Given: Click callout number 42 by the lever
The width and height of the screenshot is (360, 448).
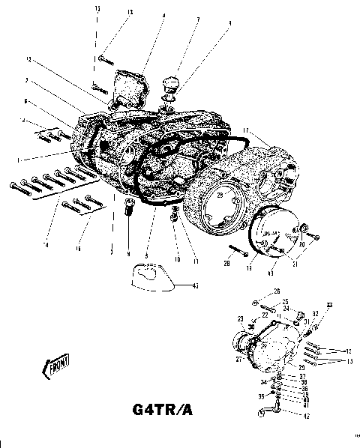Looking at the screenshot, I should click(x=305, y=417).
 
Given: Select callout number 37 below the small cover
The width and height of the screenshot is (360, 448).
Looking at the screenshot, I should click(x=304, y=377).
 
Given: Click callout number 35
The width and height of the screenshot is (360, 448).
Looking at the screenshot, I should click(x=262, y=397).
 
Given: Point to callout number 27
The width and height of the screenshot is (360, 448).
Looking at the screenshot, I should click(x=238, y=360).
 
